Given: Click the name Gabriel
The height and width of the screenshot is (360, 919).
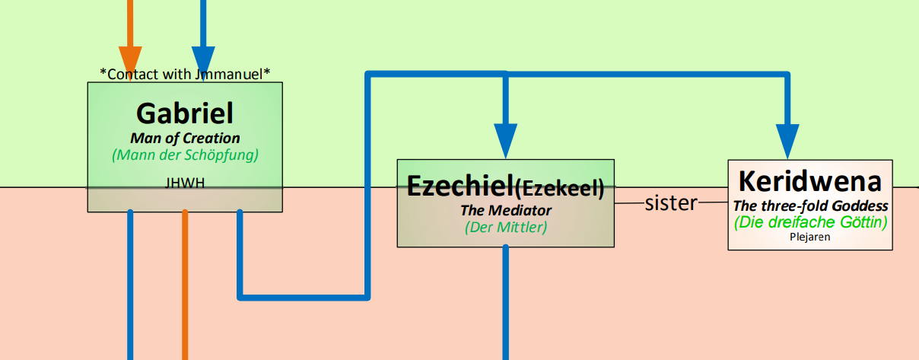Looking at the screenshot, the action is pos(185,113).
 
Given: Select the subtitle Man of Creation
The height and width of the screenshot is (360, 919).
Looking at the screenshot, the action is pos(185,139).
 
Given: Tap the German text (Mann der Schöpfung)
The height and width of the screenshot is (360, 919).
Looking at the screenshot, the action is pos(185,155).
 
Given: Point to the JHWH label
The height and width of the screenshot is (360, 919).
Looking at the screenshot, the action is pos(185,183).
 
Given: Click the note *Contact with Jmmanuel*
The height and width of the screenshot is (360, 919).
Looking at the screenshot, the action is pos(185,74).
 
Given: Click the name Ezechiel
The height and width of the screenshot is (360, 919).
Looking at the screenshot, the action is pos(460,186).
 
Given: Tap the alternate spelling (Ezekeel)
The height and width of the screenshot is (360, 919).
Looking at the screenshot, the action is pos(560,188).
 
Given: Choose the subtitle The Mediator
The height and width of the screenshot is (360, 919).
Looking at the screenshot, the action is pos(505,211).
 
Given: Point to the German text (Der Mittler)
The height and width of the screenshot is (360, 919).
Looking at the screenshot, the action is pos(505,227).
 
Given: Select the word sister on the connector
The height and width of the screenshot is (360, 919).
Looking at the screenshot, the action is pos(671,202).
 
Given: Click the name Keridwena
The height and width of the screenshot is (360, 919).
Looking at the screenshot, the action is pos(810,181).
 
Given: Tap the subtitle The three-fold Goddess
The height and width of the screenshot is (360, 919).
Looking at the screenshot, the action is pos(810,205).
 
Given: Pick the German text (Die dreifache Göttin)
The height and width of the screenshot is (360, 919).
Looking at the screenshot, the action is pos(810,222).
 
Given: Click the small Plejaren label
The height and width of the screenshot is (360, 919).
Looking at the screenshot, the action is pos(810,237).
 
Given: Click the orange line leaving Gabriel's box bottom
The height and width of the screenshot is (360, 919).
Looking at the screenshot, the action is pos(185,285).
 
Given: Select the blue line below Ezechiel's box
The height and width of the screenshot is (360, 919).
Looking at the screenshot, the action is pos(505,302).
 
